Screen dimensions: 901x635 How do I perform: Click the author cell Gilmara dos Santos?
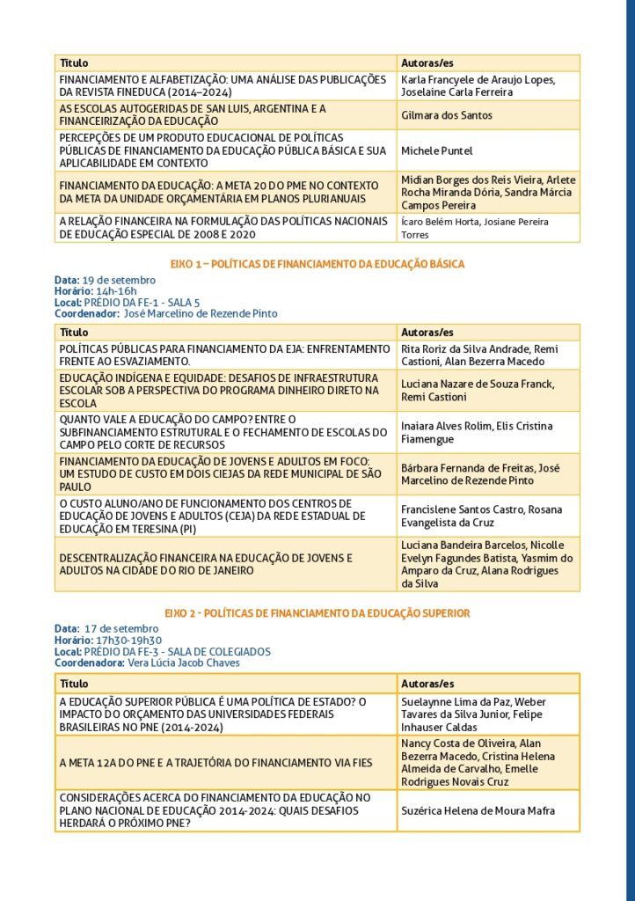pyautogui.click(x=446, y=115)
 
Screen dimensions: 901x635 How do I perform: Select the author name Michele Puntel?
pyautogui.click(x=436, y=150)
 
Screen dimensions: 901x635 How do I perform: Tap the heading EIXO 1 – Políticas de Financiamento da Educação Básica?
pyautogui.click(x=317, y=264)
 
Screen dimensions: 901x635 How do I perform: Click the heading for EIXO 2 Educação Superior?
pyautogui.click(x=317, y=612)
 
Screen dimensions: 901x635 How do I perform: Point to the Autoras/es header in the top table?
pyautogui.click(x=427, y=63)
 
